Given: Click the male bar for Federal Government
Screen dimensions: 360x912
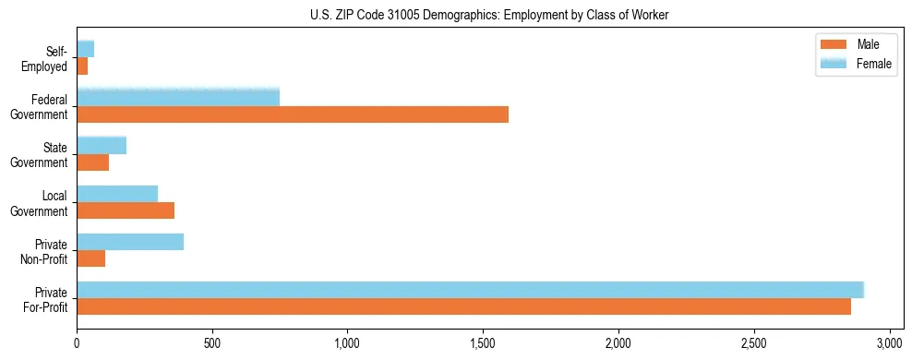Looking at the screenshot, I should pos(293,114).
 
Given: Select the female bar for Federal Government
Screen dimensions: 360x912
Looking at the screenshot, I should pos(178,97).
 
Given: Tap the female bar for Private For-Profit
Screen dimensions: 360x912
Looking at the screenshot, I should pos(470,289).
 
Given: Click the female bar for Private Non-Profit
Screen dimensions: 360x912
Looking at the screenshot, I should pos(130,242).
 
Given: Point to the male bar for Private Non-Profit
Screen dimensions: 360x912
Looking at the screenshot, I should pos(90,258).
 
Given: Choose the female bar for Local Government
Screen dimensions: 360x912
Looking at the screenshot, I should pos(117,194).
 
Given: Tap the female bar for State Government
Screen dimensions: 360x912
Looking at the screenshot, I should pos(102,146).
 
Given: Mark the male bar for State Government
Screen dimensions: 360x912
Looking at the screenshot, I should pos(92,162).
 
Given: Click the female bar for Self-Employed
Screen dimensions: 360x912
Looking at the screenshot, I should pos(85,49).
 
